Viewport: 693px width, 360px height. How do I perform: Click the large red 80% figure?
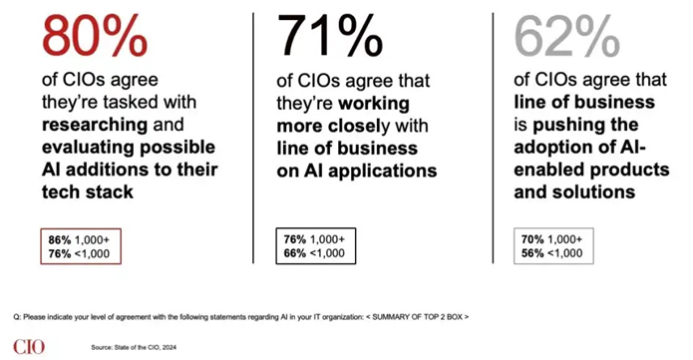(95, 36)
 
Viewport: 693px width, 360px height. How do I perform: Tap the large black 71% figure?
(330, 36)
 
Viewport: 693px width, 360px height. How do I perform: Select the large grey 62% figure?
(567, 36)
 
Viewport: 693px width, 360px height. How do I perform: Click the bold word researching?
(95, 126)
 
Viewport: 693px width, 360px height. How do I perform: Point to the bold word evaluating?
(85, 148)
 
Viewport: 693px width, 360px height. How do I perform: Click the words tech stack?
(88, 191)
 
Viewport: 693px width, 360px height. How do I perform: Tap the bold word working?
(374, 105)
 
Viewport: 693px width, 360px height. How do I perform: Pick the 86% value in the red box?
(60, 240)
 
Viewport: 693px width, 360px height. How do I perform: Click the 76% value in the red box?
(60, 254)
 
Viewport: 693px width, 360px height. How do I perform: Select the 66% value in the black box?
(295, 253)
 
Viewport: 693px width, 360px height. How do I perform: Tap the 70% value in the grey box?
(532, 239)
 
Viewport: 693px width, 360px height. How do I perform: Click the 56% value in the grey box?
(532, 253)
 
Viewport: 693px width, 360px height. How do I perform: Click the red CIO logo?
(29, 347)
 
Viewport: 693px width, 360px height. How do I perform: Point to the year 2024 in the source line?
(170, 348)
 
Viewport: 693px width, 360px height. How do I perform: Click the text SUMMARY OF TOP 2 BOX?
(417, 317)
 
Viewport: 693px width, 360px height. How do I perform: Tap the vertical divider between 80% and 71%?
(253, 138)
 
